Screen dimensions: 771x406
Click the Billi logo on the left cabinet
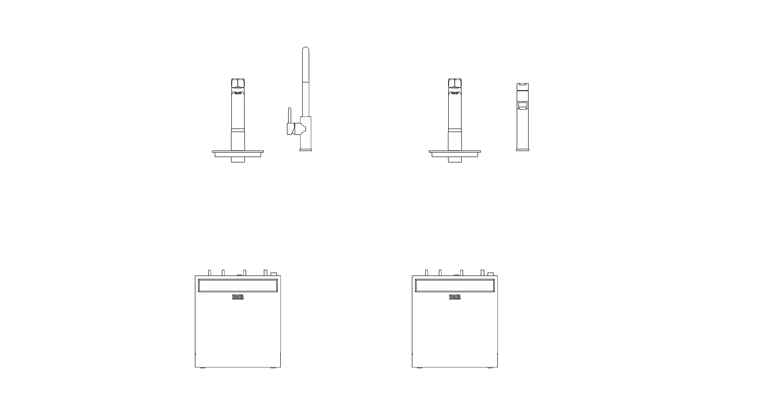click(238, 297)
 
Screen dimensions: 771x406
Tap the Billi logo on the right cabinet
click(455, 297)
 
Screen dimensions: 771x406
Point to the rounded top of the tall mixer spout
click(306, 50)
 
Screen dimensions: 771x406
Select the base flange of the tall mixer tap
click(306, 150)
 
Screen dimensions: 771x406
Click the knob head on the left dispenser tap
click(238, 83)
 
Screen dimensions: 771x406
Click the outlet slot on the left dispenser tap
click(238, 93)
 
